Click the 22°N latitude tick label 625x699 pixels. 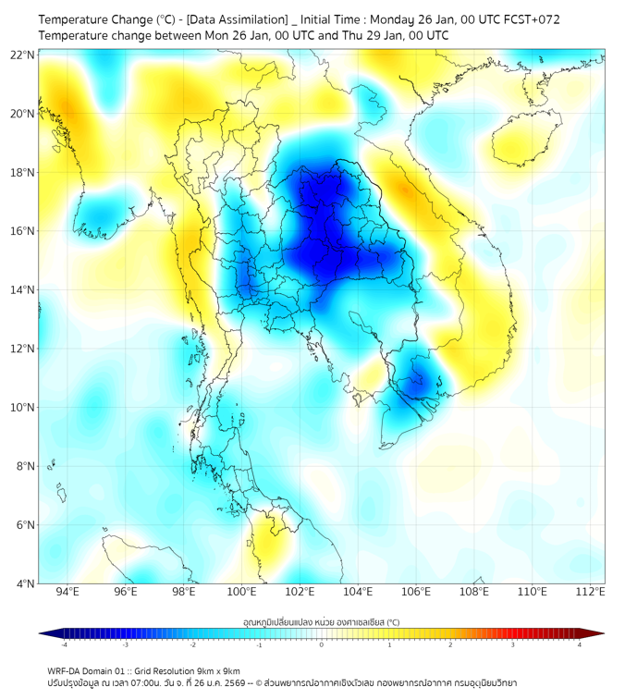tap(23, 55)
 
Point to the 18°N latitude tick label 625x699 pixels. tap(23, 173)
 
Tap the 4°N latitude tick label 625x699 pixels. tap(25, 583)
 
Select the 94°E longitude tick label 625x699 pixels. tap(67, 592)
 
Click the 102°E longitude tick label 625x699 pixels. tap(300, 592)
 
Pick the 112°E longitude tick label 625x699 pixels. tap(590, 592)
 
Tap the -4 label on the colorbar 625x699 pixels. tap(64, 644)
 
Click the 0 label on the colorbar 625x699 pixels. tap(322, 644)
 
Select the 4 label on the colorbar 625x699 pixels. tap(579, 644)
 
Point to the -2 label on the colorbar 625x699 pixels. tap(192, 644)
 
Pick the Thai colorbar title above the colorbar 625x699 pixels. tap(322, 622)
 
